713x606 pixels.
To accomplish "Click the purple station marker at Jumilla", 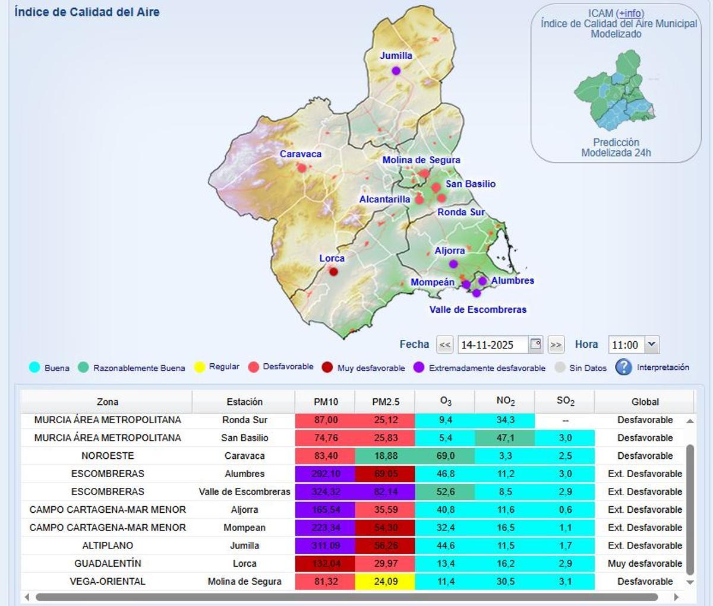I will click(396, 71).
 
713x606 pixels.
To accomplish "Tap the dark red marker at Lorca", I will click(333, 272).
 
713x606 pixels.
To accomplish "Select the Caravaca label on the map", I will click(301, 154).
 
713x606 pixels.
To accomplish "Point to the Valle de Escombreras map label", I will click(478, 309).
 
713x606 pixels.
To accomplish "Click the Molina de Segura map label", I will click(421, 160).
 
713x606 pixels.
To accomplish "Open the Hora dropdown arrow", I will click(652, 344).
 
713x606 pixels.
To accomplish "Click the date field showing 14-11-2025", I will click(493, 345).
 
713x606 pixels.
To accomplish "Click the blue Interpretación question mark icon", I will click(623, 367).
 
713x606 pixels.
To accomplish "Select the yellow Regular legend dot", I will click(200, 367).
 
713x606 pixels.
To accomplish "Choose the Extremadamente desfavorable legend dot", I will click(419, 367).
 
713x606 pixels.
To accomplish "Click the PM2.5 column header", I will click(386, 402).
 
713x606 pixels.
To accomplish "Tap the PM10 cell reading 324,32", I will click(325, 491).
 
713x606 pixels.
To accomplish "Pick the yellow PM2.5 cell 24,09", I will click(386, 581).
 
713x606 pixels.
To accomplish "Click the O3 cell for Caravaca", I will click(445, 456).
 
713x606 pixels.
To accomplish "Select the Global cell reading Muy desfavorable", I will click(645, 563).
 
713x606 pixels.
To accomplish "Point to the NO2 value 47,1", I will click(505, 438).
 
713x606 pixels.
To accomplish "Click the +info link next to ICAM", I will click(630, 13).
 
